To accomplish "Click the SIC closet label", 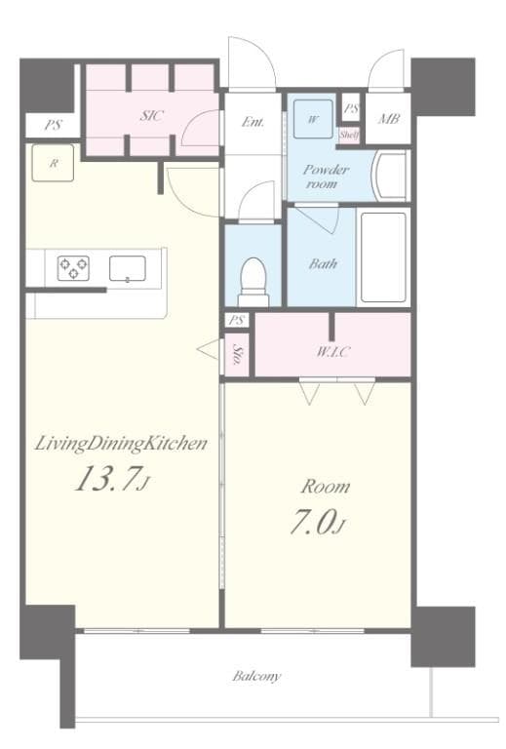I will coord(151,115).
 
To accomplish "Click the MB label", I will coord(387,121).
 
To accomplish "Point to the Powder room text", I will coord(326,176).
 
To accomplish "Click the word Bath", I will coord(323,263).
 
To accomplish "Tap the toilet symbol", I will coord(253,274).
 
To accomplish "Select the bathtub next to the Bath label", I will coord(382,256).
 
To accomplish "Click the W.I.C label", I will coord(332,352).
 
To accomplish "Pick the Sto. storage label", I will coord(238,356).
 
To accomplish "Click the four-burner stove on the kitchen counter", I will coord(73,268).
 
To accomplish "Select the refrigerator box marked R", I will coord(54,163).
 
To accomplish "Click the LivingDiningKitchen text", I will coord(121,444).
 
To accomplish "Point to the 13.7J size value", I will coord(108,480).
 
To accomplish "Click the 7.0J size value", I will coord(316,524).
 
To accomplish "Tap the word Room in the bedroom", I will coord(324,487).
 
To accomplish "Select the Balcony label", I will coord(256,675).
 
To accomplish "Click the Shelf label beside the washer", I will coord(349,135).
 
